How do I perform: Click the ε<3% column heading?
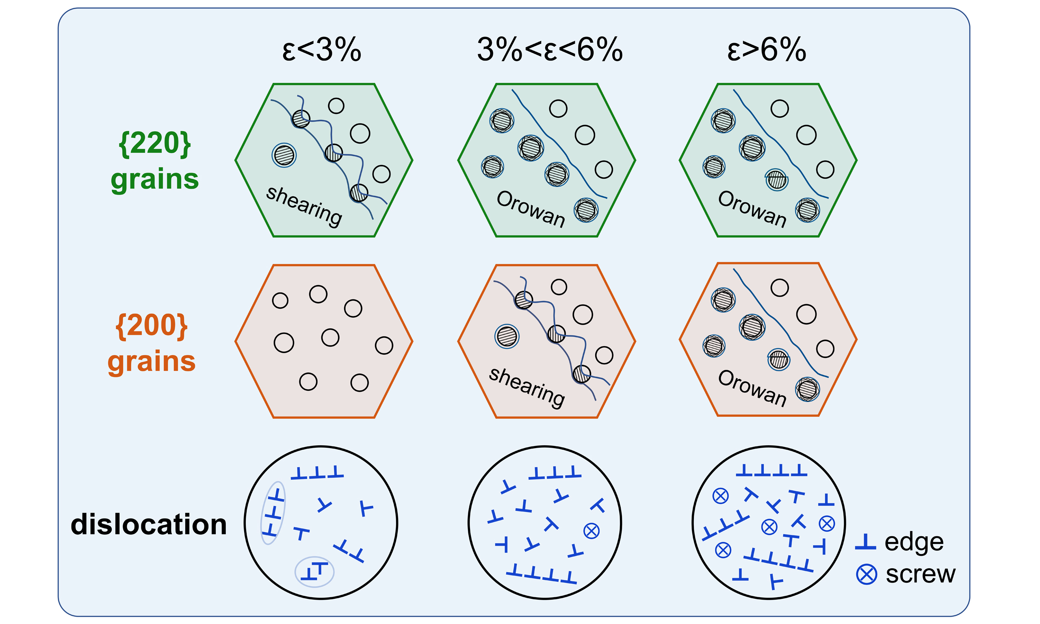point(322,50)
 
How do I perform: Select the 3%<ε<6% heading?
point(549,50)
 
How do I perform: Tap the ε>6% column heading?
point(766,50)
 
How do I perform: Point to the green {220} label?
point(155,144)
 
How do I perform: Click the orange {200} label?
point(152,326)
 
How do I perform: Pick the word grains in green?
point(155,180)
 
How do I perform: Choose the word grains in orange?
point(152,362)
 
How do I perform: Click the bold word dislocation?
point(149,524)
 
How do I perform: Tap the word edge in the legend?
point(914,542)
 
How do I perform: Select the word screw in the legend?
point(920,574)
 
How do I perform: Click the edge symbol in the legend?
point(865,542)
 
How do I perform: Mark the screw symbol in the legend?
point(867,574)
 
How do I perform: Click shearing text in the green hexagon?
point(304,206)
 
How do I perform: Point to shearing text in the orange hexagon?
point(526,387)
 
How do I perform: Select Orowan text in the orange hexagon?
point(752,388)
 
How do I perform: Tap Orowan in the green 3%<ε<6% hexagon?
point(531,208)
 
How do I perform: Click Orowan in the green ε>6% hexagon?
point(752,208)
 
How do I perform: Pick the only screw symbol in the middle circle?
point(591,531)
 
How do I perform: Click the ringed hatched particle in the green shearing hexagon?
point(284,155)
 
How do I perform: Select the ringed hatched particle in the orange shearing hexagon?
point(507,336)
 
